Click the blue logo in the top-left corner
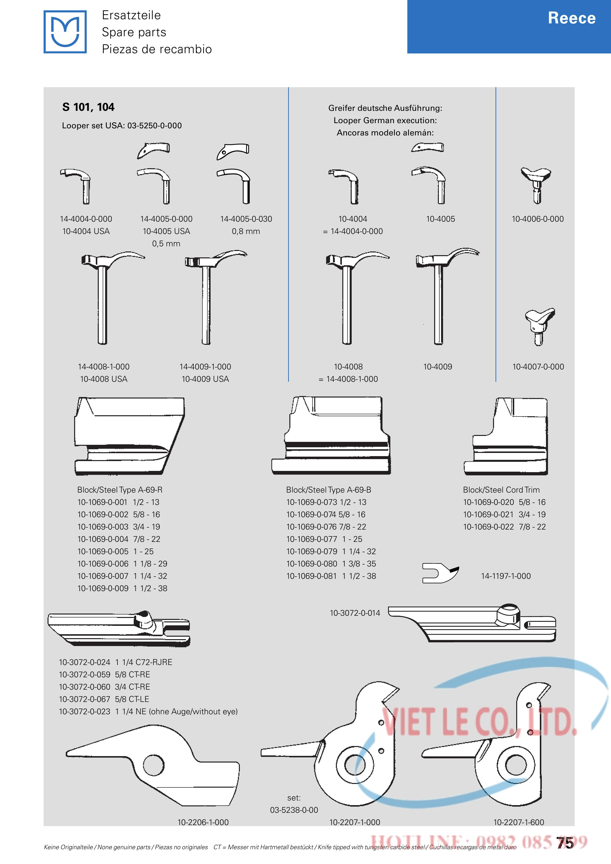[65, 32]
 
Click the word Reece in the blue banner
[572, 18]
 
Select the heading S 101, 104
[88, 107]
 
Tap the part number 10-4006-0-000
[538, 219]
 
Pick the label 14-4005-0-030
[246, 219]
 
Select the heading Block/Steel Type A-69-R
[120, 490]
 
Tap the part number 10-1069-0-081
[312, 576]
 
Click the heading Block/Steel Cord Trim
[501, 490]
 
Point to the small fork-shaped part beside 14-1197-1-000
[440, 573]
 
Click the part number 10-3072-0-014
[355, 613]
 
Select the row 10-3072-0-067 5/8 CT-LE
[104, 699]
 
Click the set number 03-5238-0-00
[294, 810]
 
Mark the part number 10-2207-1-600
[519, 822]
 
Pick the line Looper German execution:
[385, 120]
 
